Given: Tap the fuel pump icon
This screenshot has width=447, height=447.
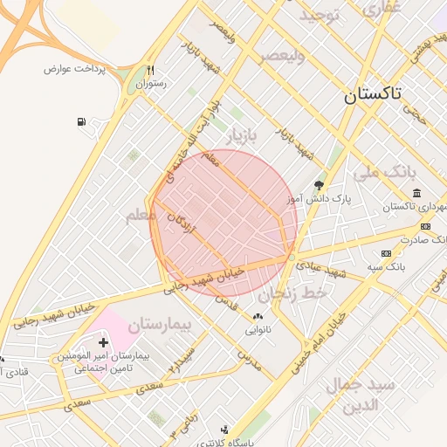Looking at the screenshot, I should tap(81, 122).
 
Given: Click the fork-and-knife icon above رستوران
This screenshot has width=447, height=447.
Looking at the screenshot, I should tap(150, 71).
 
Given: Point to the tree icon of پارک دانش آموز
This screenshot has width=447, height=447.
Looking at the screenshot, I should tap(319, 185).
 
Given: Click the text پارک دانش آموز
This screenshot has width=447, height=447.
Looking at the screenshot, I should tap(320, 199).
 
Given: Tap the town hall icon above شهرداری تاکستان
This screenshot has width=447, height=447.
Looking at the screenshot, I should tap(416, 193).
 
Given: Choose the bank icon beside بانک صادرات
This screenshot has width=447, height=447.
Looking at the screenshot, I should tap(425, 227).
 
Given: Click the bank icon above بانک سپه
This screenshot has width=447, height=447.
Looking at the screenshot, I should tap(387, 252).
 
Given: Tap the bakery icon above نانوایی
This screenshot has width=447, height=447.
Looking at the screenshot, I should tap(257, 317).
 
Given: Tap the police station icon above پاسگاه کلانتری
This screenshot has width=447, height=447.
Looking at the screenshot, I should tap(225, 429).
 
